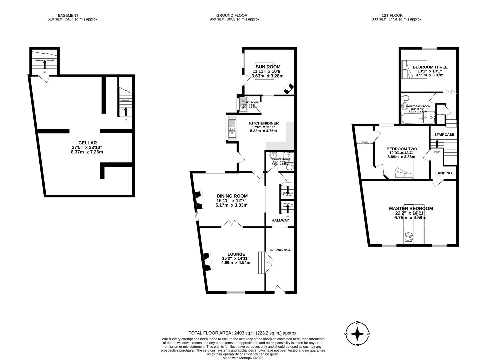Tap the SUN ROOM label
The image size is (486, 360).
(x=268, y=67)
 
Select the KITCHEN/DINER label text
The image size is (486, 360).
(x=264, y=123)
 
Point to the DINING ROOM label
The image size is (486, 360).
(x=232, y=196)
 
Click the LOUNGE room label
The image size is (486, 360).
(x=236, y=254)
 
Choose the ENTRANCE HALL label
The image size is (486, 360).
(x=280, y=250)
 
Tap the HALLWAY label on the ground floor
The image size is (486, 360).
(x=280, y=220)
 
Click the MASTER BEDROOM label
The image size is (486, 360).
(x=411, y=208)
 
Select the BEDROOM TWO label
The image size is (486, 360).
(x=401, y=149)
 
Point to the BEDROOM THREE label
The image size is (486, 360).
(x=430, y=67)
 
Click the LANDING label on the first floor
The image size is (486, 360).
(x=443, y=173)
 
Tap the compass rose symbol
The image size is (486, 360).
(x=357, y=334)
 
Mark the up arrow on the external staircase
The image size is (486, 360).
(x=45, y=65)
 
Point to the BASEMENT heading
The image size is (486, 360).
(x=68, y=15)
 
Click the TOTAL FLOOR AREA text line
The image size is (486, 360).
(x=243, y=333)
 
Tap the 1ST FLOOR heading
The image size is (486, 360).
(x=392, y=15)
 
